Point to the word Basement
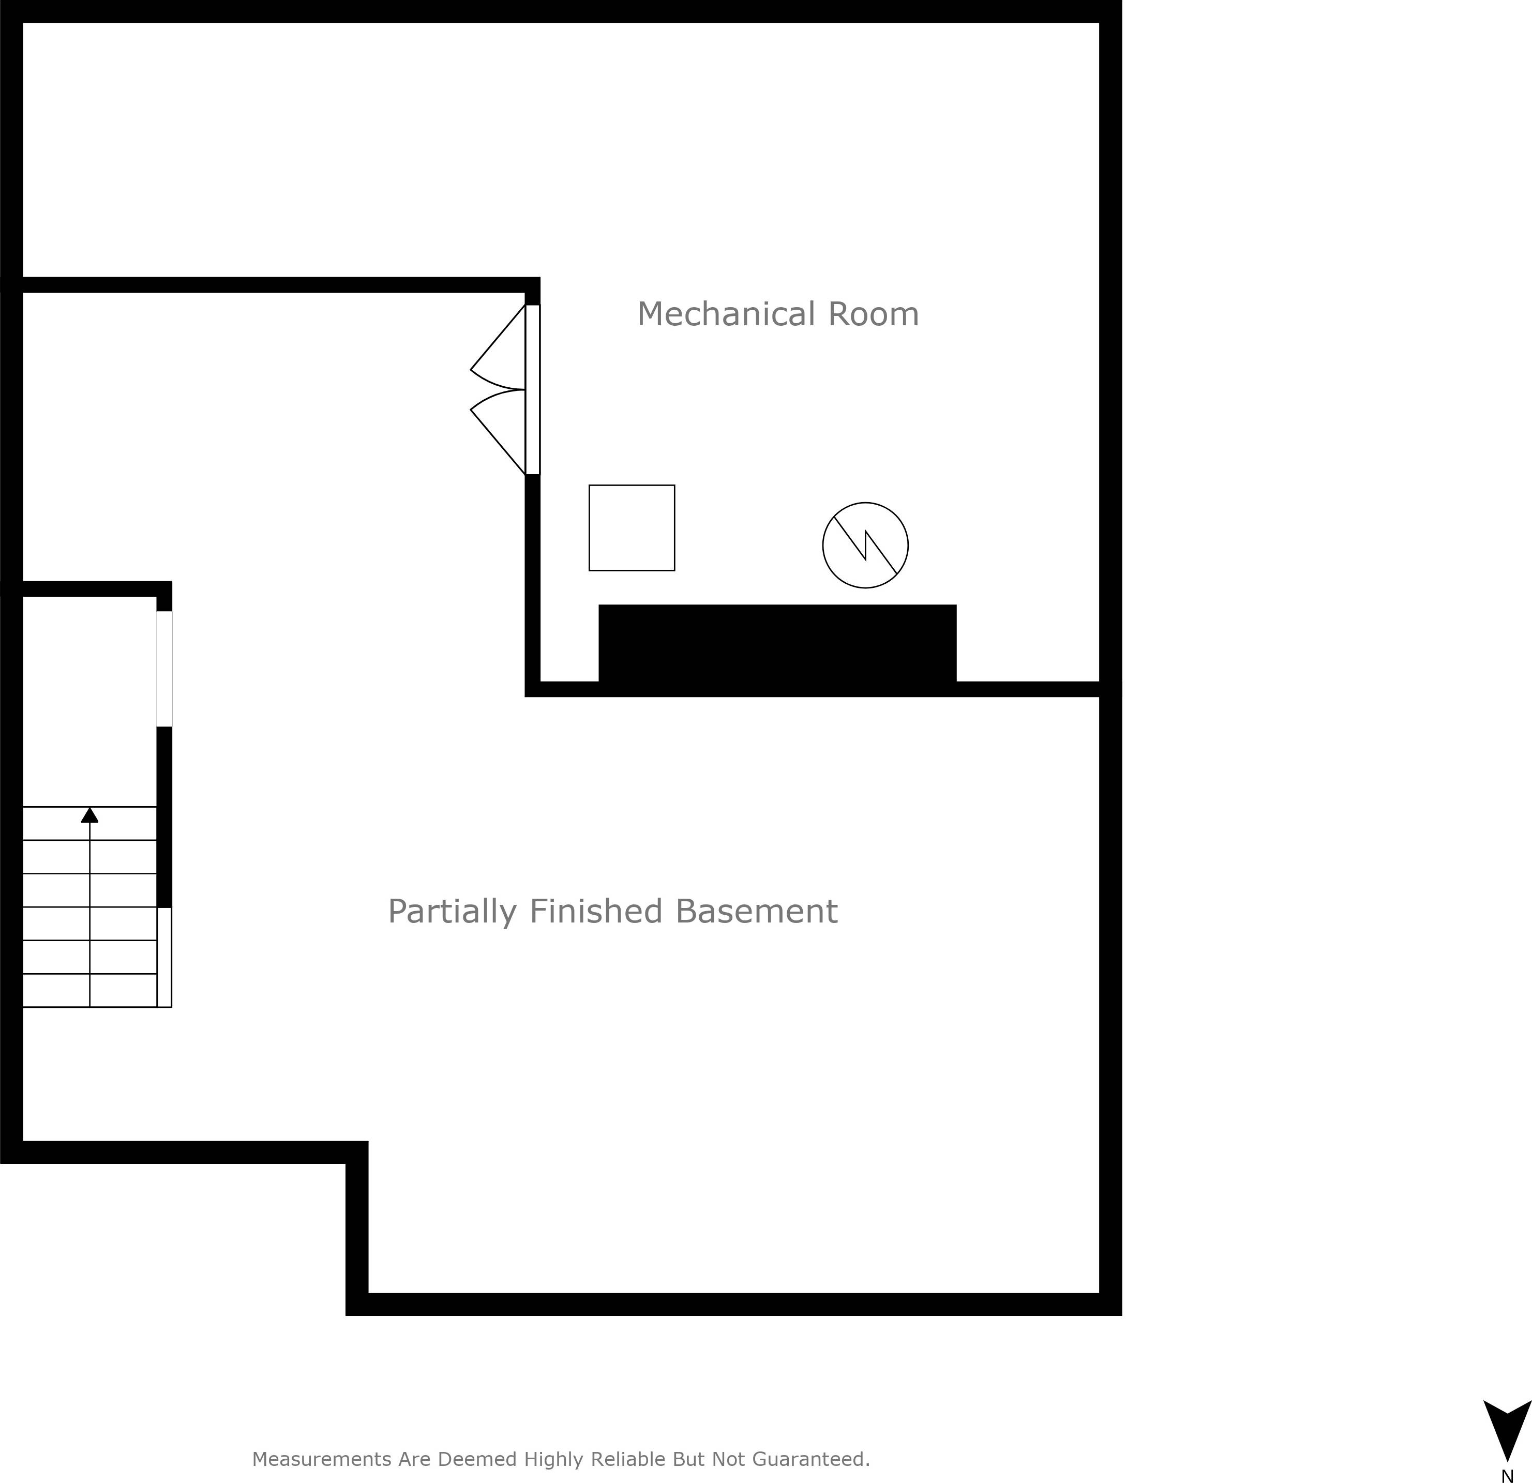coord(756,911)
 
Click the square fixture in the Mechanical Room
coord(632,528)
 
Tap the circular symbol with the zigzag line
coord(865,546)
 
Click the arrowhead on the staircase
coord(90,815)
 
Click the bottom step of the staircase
coord(90,990)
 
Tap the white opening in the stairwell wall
coord(164,669)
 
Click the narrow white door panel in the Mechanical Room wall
coord(532,389)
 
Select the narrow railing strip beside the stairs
coord(164,957)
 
